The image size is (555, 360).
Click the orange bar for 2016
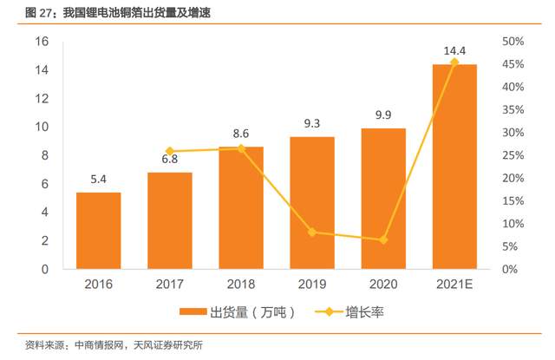pos(98,231)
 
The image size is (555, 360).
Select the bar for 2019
pos(312,203)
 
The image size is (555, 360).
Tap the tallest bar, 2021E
pos(454,167)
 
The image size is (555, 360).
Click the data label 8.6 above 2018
pos(241,134)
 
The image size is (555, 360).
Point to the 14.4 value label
pos(454,52)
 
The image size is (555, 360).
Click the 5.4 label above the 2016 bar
pos(98,180)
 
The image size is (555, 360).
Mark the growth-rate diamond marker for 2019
pos(312,232)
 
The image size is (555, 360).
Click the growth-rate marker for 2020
pos(383,239)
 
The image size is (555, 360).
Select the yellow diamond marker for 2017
pos(170,152)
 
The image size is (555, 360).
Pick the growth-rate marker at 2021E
pos(454,62)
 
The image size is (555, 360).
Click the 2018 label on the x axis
pos(241,284)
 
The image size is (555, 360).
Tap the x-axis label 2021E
pos(454,284)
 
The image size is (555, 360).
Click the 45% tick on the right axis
pos(513,64)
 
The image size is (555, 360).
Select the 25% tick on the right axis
pos(513,155)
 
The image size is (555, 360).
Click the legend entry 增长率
pos(351,311)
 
